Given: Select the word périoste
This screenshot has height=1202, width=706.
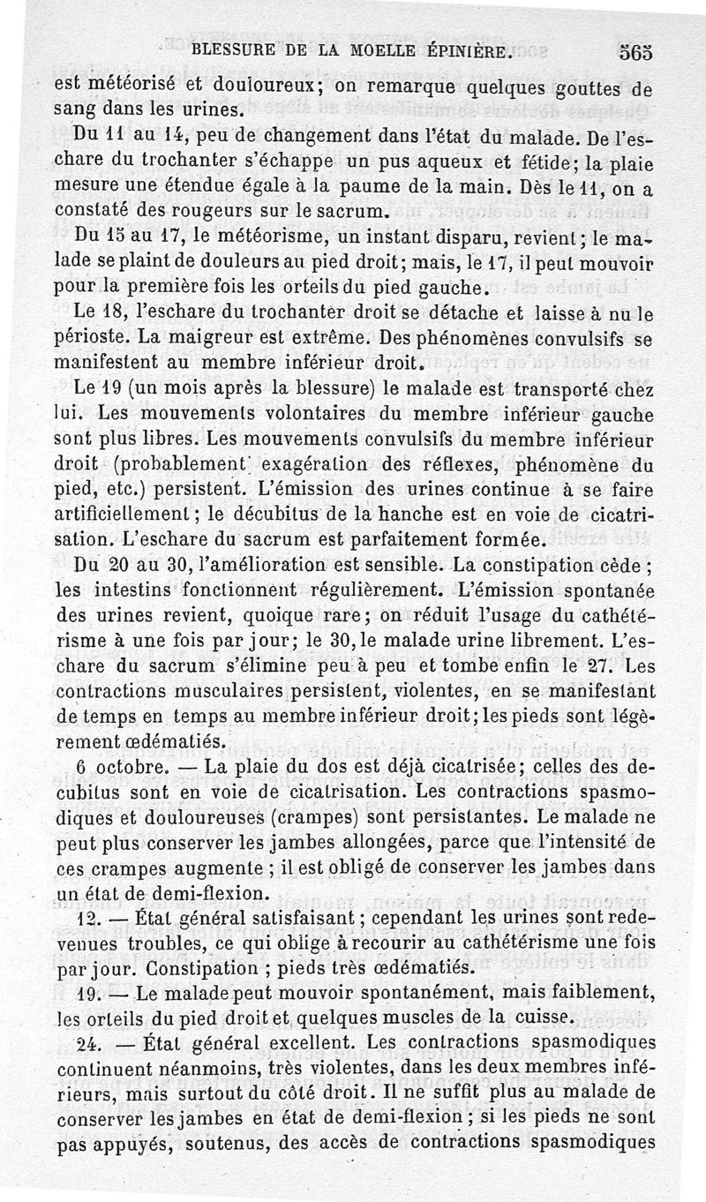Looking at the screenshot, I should click(116, 337).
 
